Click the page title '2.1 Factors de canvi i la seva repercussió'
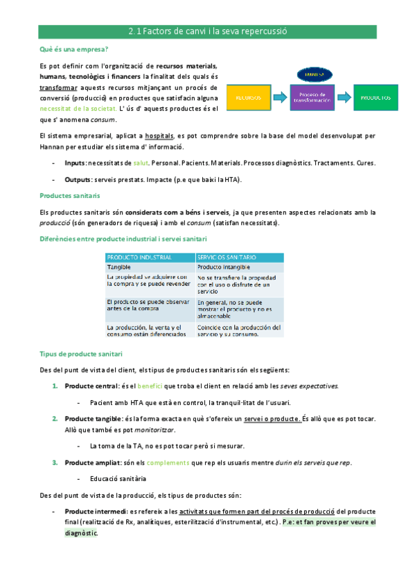click(207, 31)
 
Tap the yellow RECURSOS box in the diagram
click(248, 98)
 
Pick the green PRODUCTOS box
click(376, 98)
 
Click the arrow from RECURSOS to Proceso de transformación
click(279, 98)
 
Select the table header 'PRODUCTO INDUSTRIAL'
click(139, 258)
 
